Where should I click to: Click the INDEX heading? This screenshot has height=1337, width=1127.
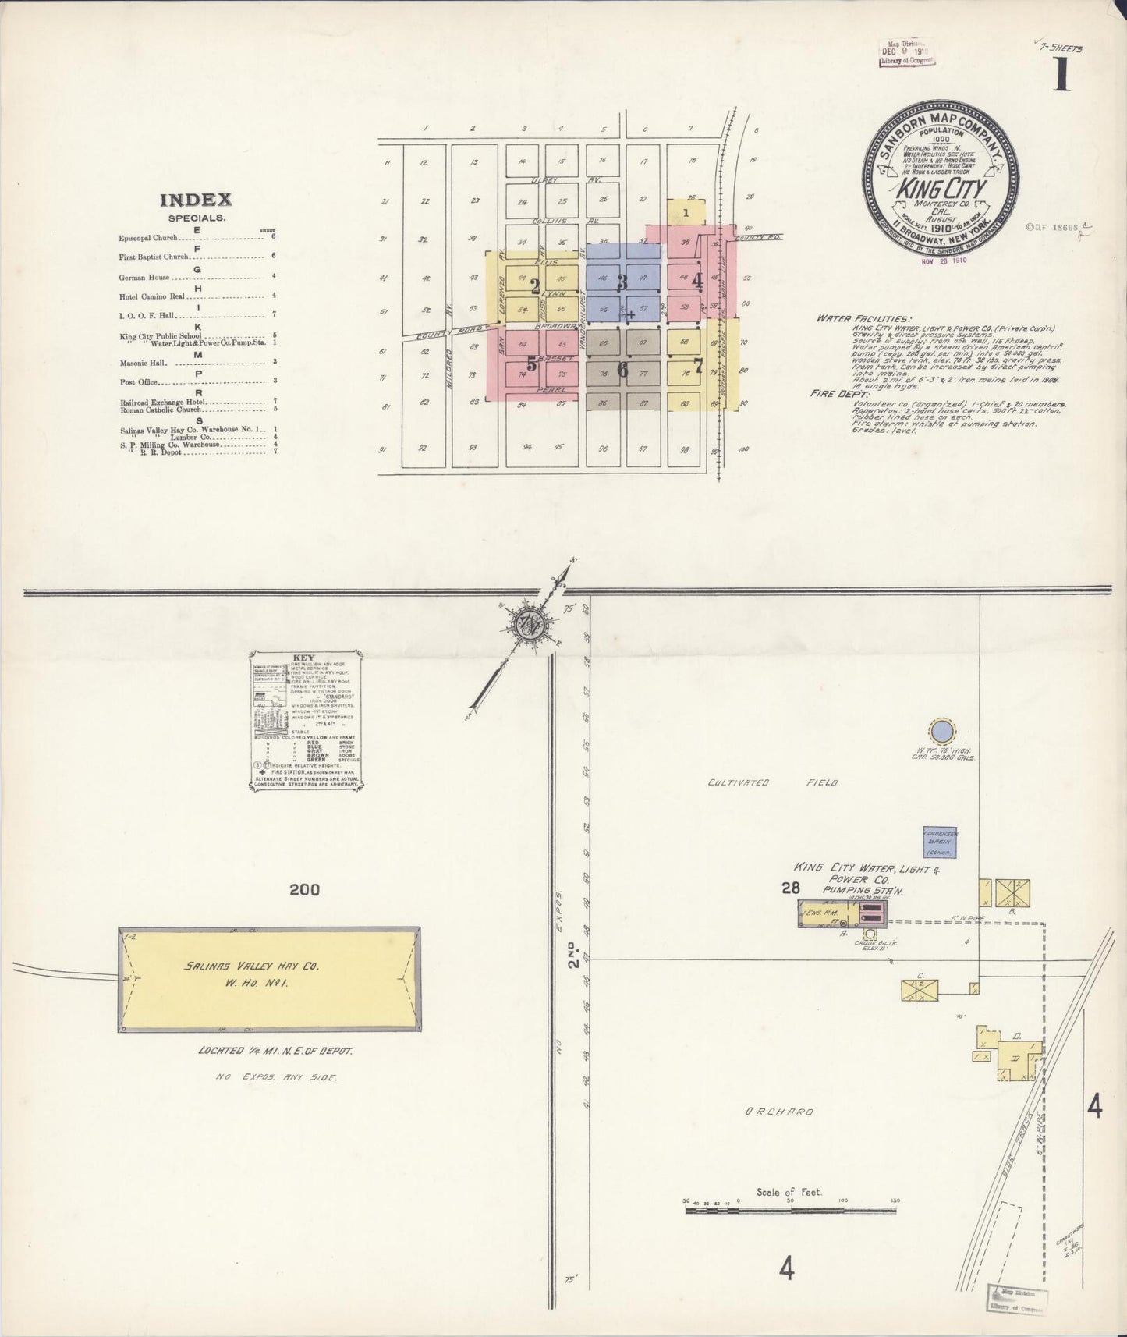pyautogui.click(x=196, y=200)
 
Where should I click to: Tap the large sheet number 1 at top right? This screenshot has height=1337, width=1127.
pyautogui.click(x=1061, y=76)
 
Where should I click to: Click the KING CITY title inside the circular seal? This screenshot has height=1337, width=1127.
pyautogui.click(x=942, y=189)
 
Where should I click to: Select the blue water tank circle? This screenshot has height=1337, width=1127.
pyautogui.click(x=941, y=731)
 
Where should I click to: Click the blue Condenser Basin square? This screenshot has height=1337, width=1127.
pyautogui.click(x=940, y=843)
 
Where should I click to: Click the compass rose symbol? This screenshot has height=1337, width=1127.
pyautogui.click(x=529, y=624)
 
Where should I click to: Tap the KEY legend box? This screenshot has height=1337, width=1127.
pyautogui.click(x=307, y=722)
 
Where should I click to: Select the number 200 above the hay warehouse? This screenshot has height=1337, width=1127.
pyautogui.click(x=304, y=889)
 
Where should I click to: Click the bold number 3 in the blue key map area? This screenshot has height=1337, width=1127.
pyautogui.click(x=622, y=283)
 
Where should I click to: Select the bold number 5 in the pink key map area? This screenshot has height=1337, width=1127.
pyautogui.click(x=532, y=364)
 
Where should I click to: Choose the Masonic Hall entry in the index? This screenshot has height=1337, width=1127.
pyautogui.click(x=141, y=363)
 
